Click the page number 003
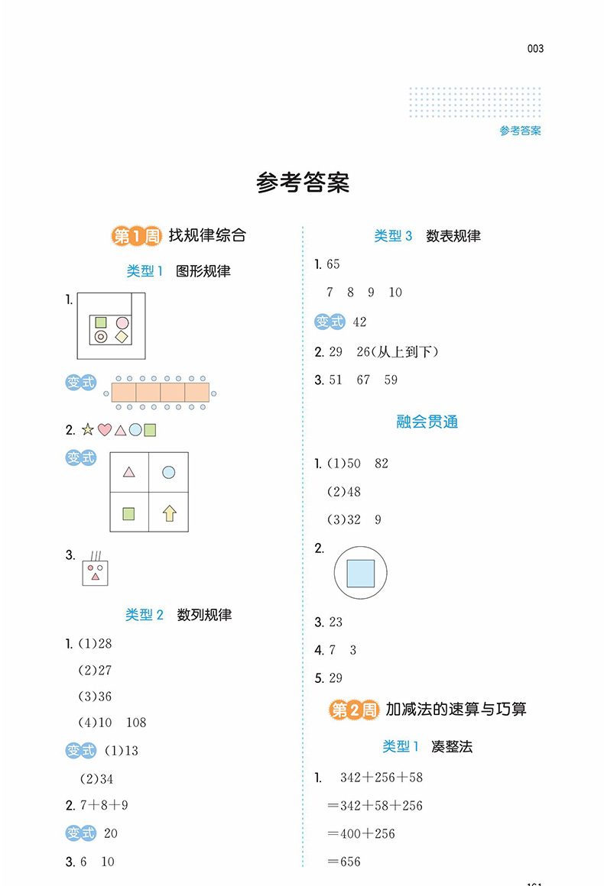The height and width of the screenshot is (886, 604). click(535, 49)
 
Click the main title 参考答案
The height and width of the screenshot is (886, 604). click(303, 183)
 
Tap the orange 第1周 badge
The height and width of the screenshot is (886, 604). click(136, 235)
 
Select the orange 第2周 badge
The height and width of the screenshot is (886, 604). click(353, 710)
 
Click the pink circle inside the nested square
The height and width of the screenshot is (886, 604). click(122, 322)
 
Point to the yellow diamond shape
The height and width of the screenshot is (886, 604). click(122, 337)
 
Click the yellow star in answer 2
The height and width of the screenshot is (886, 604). click(88, 429)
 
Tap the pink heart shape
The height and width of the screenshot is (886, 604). click(105, 430)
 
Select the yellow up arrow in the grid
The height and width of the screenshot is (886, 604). click(169, 513)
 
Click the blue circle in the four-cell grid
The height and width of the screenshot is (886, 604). click(168, 472)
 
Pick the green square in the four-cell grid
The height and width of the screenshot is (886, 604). click(129, 513)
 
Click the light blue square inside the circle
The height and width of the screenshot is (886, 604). click(361, 573)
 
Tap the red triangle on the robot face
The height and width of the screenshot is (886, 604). click(96, 577)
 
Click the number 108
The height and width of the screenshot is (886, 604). click(136, 723)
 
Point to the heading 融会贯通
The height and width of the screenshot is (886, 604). click(427, 422)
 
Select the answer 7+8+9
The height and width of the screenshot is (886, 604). click(104, 805)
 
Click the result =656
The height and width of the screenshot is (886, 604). click(344, 862)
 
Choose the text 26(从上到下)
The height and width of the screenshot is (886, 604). click(398, 352)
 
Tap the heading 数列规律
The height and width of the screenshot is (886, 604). click(204, 615)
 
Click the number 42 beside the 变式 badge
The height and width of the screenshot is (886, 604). click(359, 322)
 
